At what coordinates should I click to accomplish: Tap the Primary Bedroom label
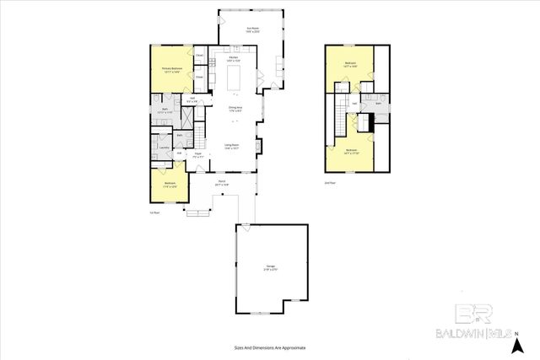point(172,70)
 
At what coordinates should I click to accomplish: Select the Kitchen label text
point(233,58)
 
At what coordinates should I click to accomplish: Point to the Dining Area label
point(235,108)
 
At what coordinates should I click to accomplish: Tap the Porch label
point(222,182)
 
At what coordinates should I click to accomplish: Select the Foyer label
point(197,154)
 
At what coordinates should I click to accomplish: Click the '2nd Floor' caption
point(330,182)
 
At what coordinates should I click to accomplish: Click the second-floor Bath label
point(379,104)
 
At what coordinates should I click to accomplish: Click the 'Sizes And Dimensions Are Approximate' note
point(270,347)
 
